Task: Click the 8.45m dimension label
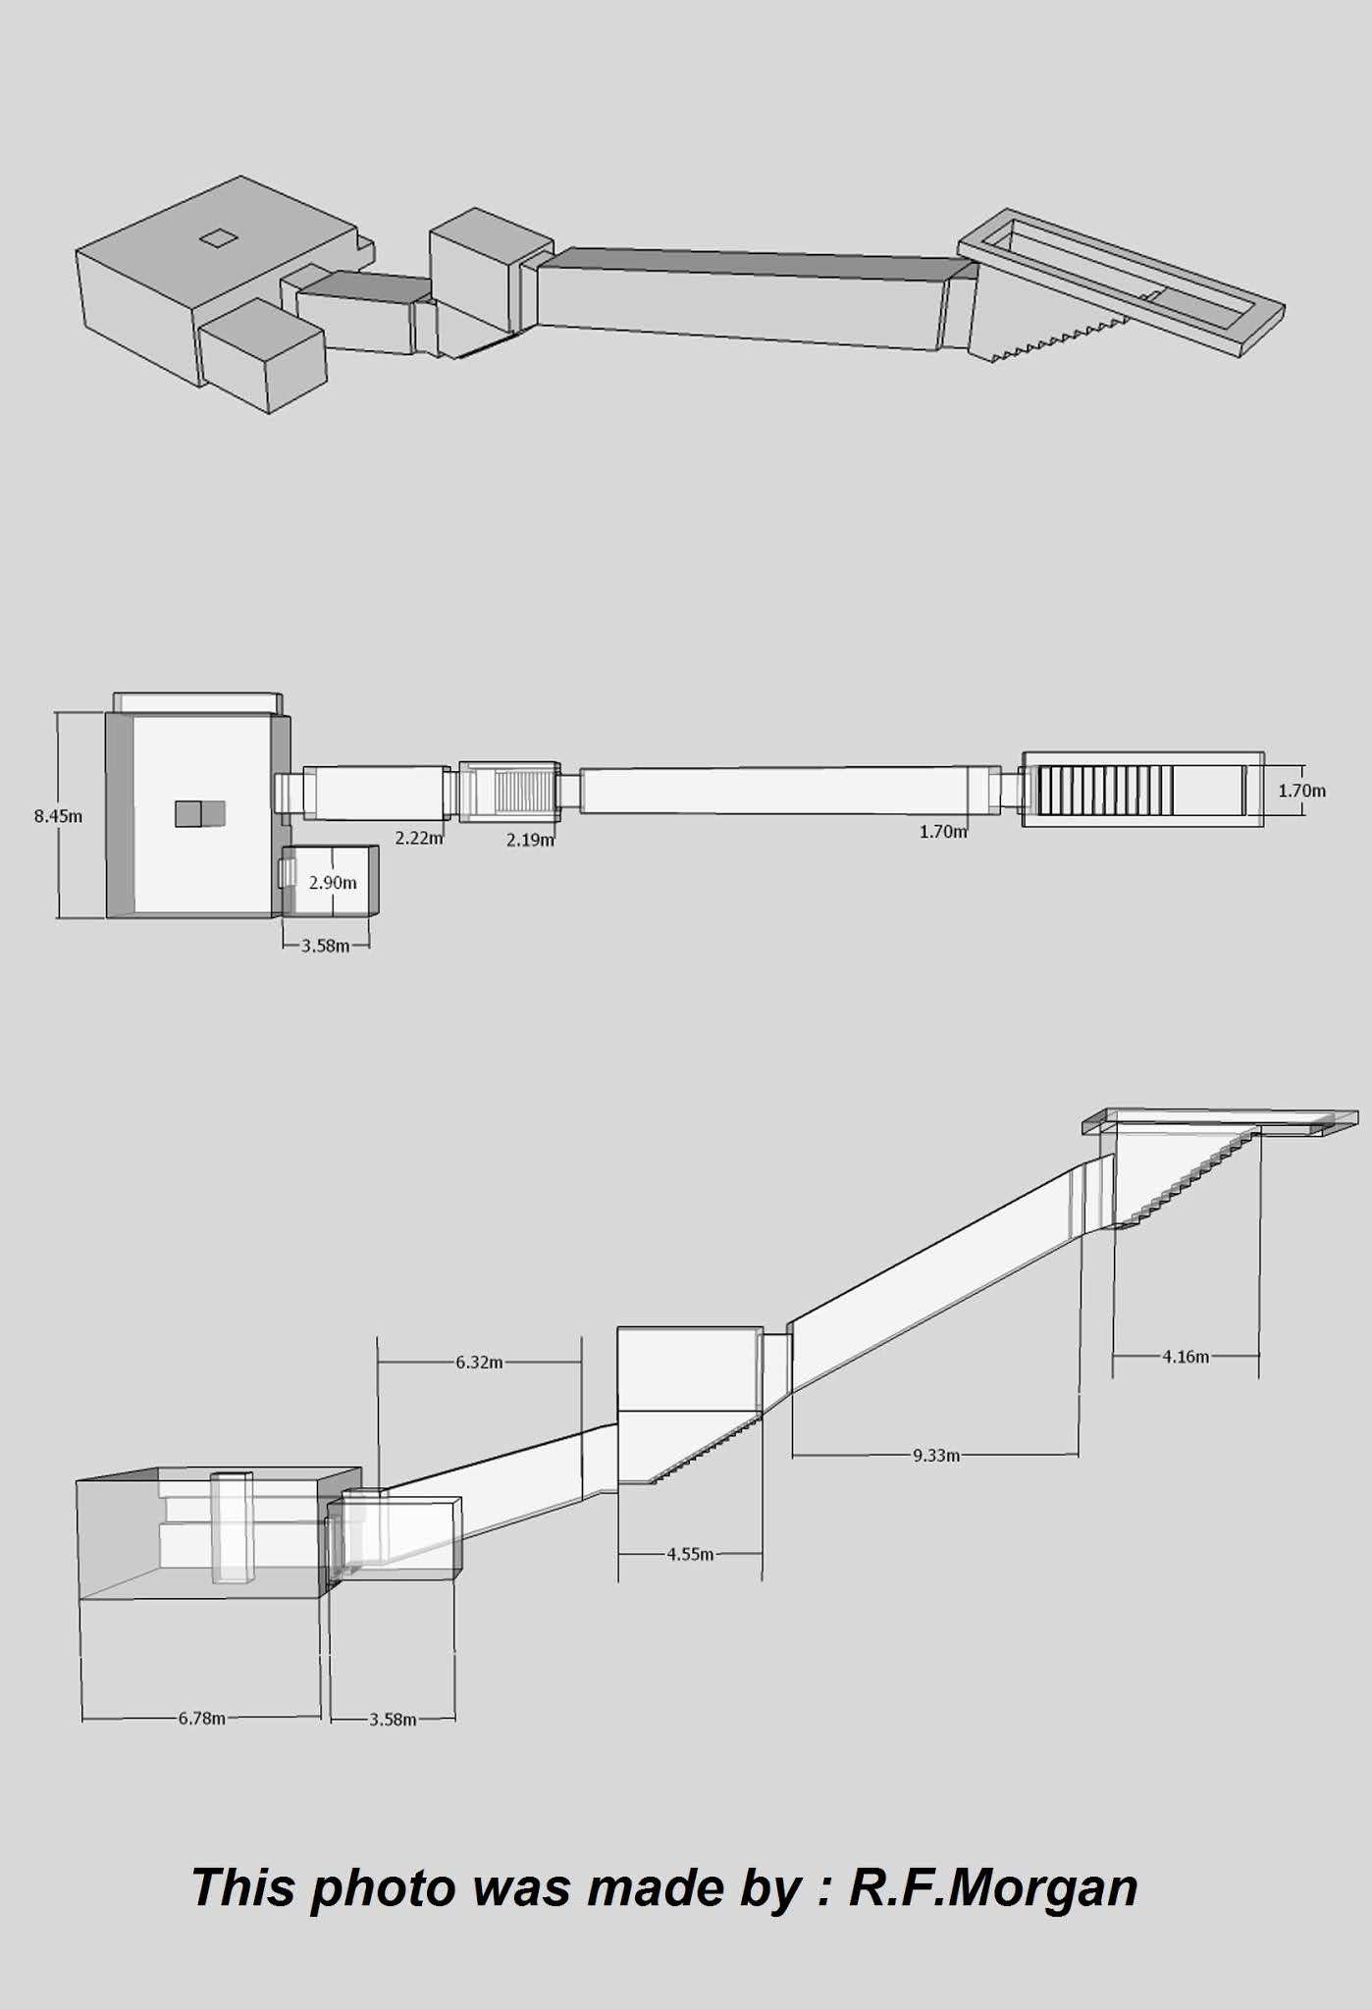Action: (58, 815)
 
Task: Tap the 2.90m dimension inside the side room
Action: (333, 883)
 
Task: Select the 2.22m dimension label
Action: (419, 838)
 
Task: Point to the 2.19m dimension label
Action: (530, 840)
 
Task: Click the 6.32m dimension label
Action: (479, 1363)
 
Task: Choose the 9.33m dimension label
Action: (936, 1455)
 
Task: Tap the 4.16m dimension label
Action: (1186, 1357)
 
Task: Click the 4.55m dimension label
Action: (690, 1554)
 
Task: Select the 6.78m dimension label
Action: (202, 1718)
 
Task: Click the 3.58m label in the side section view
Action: (393, 1719)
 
